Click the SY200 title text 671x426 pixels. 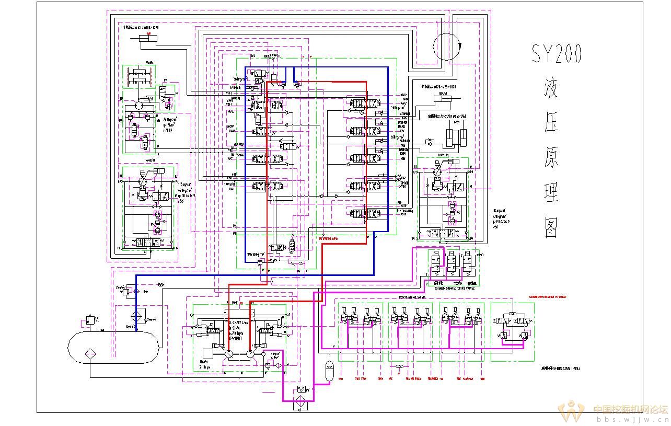click(557, 54)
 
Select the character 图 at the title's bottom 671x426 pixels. click(552, 227)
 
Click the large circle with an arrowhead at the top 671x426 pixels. click(446, 46)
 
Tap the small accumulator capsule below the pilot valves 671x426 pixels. click(329, 367)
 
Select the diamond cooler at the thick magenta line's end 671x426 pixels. click(301, 404)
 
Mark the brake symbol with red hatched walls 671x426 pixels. click(140, 77)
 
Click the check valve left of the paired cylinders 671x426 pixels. click(430, 141)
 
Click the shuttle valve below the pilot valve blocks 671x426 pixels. click(399, 367)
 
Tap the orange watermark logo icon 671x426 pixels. click(571, 411)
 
